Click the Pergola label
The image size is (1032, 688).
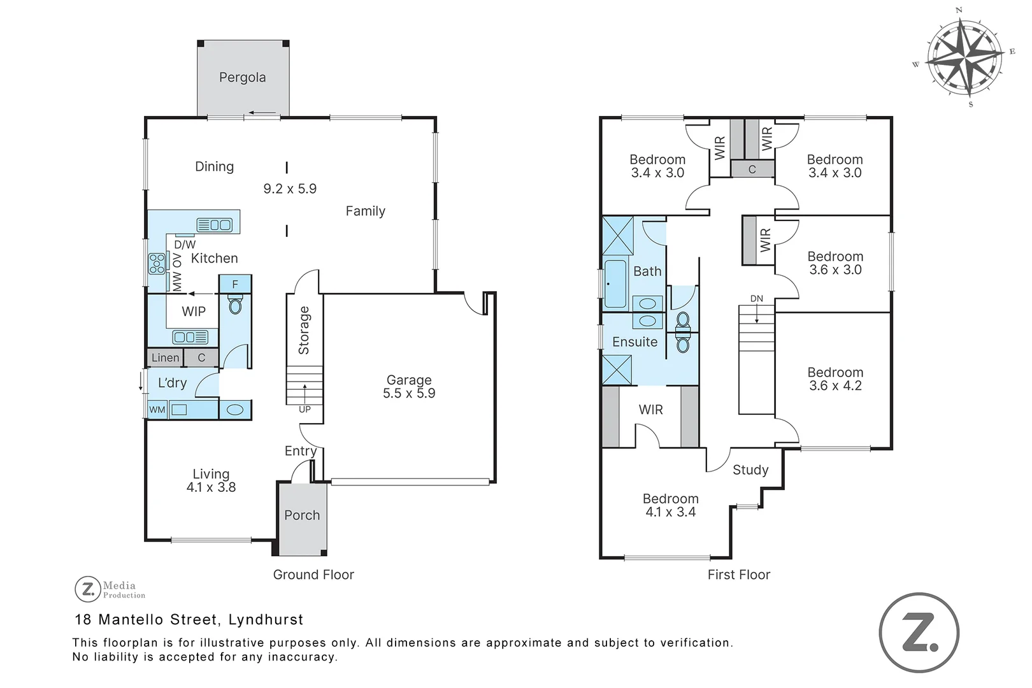pyautogui.click(x=242, y=78)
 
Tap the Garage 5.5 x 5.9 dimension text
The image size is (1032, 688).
pyautogui.click(x=409, y=393)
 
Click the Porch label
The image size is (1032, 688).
pyautogui.click(x=302, y=515)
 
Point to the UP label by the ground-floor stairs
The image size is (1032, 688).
pyautogui.click(x=305, y=409)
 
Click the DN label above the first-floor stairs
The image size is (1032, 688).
pyautogui.click(x=757, y=299)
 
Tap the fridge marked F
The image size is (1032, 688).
pyautogui.click(x=235, y=284)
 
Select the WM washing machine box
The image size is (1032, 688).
pyautogui.click(x=157, y=410)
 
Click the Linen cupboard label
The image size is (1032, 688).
pyautogui.click(x=166, y=357)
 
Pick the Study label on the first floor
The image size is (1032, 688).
pyautogui.click(x=750, y=470)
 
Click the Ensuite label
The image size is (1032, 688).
pyautogui.click(x=634, y=342)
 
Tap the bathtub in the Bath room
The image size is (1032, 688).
pyautogui.click(x=615, y=284)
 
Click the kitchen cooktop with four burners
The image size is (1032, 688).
pyautogui.click(x=157, y=263)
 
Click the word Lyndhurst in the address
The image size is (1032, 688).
pyautogui.click(x=266, y=620)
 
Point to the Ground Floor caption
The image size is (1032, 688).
pyautogui.click(x=313, y=575)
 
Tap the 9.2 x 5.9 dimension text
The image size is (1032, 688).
pyautogui.click(x=290, y=189)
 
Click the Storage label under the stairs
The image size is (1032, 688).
pyautogui.click(x=304, y=331)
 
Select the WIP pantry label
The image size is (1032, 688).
pyautogui.click(x=194, y=312)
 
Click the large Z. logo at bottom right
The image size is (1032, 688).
pyautogui.click(x=919, y=633)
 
